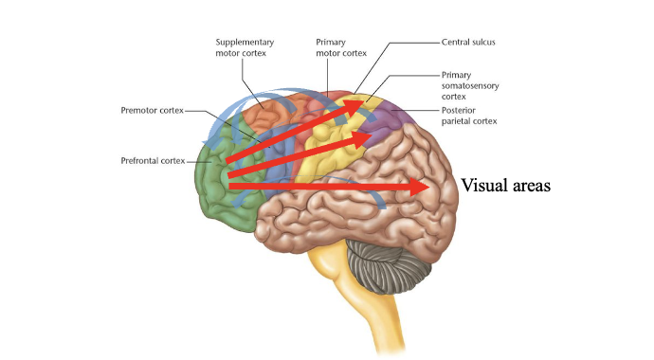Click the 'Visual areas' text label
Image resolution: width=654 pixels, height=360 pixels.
[505, 186]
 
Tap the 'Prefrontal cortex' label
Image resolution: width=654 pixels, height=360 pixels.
[153, 160]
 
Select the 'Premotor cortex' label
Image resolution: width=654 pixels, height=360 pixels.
[151, 111]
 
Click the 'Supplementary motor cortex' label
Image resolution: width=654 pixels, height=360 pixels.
[245, 47]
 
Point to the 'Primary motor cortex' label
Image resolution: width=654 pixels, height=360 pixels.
[343, 47]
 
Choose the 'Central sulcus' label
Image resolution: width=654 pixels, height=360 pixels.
[469, 43]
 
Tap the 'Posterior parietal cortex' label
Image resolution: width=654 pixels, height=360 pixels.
[469, 116]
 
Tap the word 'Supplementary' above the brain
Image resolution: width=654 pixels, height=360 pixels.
[245, 42]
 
